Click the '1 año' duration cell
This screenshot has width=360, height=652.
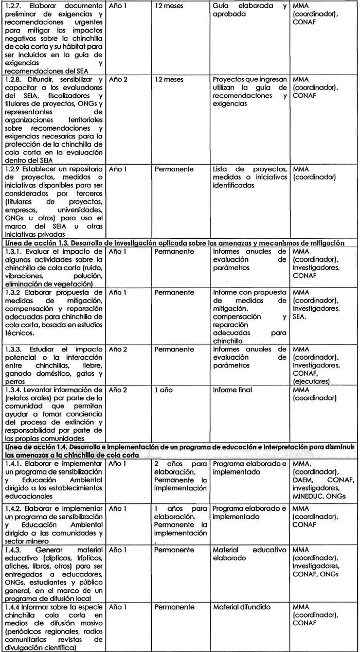[165, 390]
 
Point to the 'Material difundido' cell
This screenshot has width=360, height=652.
[241, 607]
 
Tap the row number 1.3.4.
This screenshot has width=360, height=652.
[11, 390]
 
